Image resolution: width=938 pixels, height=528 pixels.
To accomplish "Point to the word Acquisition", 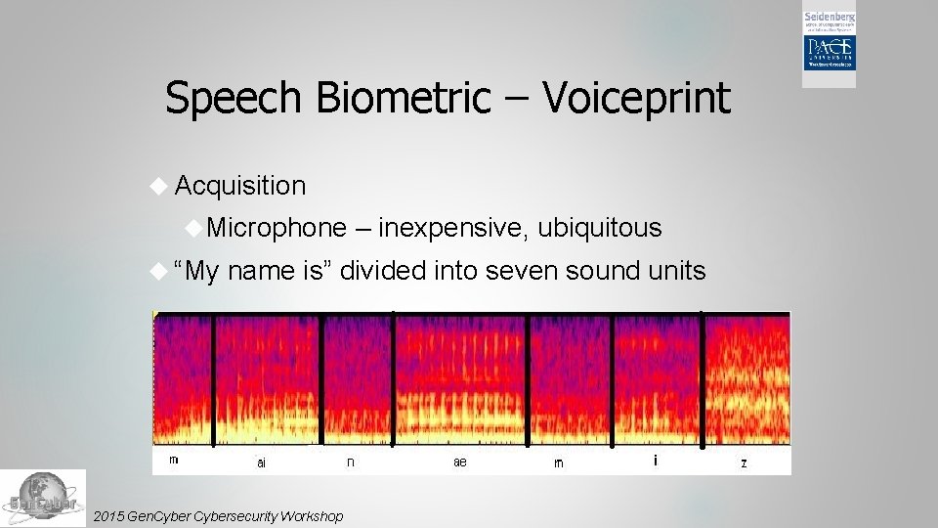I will point(240,186).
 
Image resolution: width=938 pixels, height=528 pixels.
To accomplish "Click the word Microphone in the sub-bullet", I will point(277,228).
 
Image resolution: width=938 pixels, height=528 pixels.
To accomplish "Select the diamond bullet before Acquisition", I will point(161,186).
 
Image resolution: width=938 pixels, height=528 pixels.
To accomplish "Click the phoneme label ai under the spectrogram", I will point(261,462).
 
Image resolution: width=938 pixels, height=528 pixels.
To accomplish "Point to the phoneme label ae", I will point(459,462).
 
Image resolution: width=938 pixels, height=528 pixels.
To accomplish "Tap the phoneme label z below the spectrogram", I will point(744,462).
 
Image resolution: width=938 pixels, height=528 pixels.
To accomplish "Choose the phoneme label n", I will point(350,462).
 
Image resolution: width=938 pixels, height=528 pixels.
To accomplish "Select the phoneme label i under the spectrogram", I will point(655,461).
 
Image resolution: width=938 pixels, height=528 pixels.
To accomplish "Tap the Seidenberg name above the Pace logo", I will point(830,18).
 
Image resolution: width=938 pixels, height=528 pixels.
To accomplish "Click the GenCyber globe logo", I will point(42,498).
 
